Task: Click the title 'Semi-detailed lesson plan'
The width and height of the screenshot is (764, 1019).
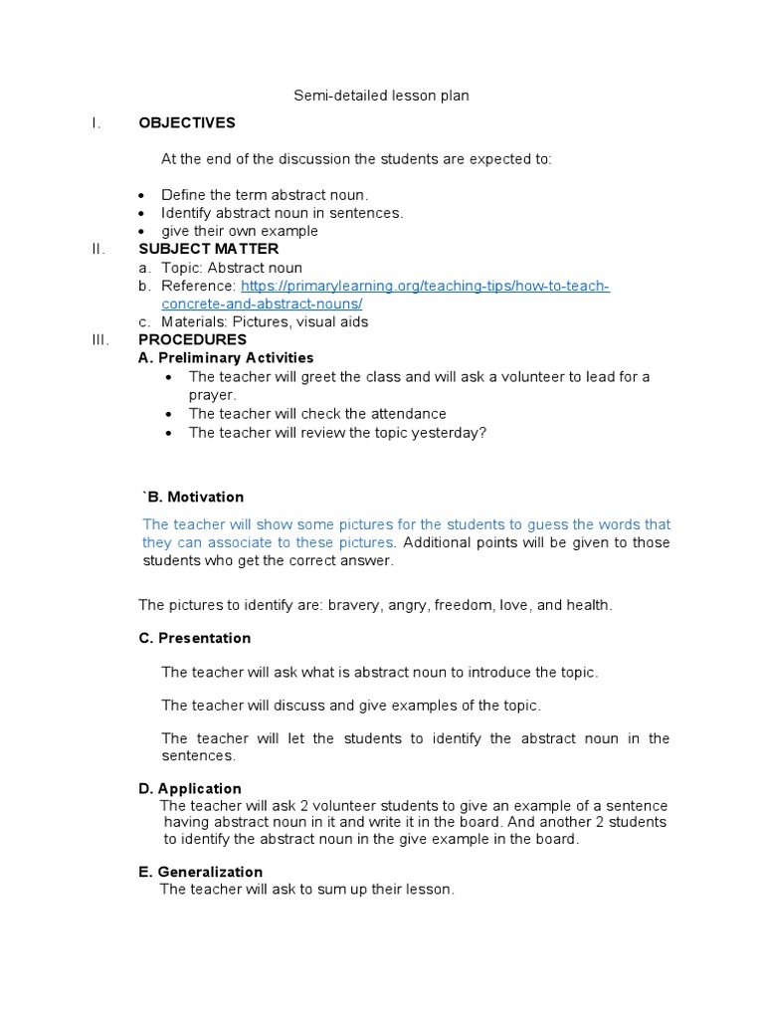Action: [x=381, y=97]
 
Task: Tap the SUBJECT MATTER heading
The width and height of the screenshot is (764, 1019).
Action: [x=208, y=249]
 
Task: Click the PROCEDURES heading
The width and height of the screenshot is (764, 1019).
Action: [x=192, y=339]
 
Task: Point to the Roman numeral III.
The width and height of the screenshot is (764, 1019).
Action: [x=98, y=339]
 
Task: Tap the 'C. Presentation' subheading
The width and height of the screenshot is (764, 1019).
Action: [x=195, y=638]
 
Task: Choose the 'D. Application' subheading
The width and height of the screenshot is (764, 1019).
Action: [x=190, y=789]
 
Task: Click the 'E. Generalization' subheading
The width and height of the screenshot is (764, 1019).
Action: [x=201, y=872]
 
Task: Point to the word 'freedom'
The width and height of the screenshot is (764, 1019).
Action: [x=481, y=605]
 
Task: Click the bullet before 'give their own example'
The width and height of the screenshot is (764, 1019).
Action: [x=140, y=231]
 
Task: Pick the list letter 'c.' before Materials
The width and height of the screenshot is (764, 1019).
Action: [x=144, y=321]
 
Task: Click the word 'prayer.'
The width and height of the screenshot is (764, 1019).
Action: [x=212, y=394]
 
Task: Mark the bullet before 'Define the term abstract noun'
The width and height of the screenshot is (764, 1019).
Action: [x=140, y=195]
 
